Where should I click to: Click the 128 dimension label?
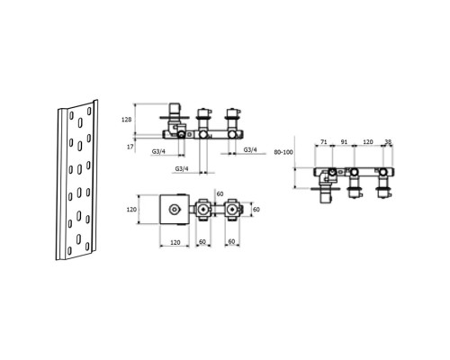126,120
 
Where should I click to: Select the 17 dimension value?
130,148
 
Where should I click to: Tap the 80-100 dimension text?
283,152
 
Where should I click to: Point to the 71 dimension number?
323,141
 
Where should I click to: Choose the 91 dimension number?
344,141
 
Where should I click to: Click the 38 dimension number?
388,141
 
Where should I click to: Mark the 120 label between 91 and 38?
368,141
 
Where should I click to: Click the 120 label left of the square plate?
131,210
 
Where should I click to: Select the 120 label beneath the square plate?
175,242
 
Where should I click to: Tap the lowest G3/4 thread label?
182,168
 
